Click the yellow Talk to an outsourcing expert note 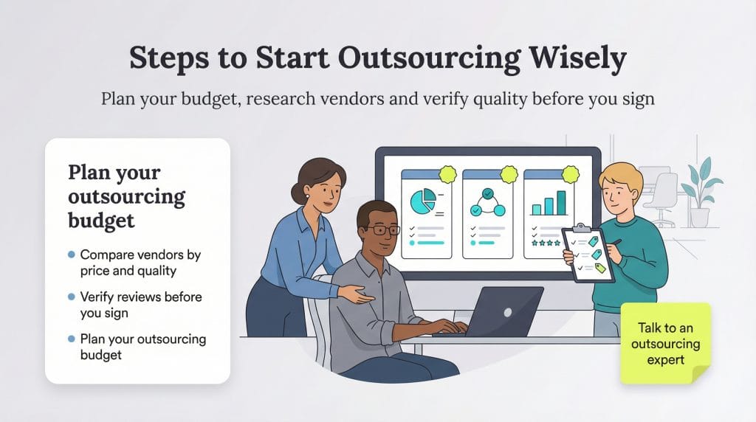(x=665, y=344)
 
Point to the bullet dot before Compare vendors (x=72, y=255)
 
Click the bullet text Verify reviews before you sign (x=140, y=305)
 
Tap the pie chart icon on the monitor (x=422, y=201)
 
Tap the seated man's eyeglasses (x=384, y=229)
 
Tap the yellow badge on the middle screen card (x=509, y=175)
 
